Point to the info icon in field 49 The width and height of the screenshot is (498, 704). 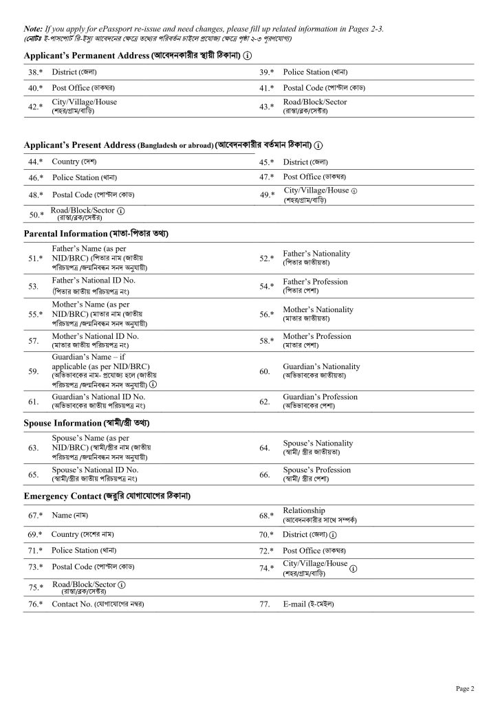pyautogui.click(x=354, y=190)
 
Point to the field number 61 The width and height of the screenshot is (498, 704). pyautogui.click(x=32, y=401)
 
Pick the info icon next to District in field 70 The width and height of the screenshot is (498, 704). pyautogui.click(x=334, y=534)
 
